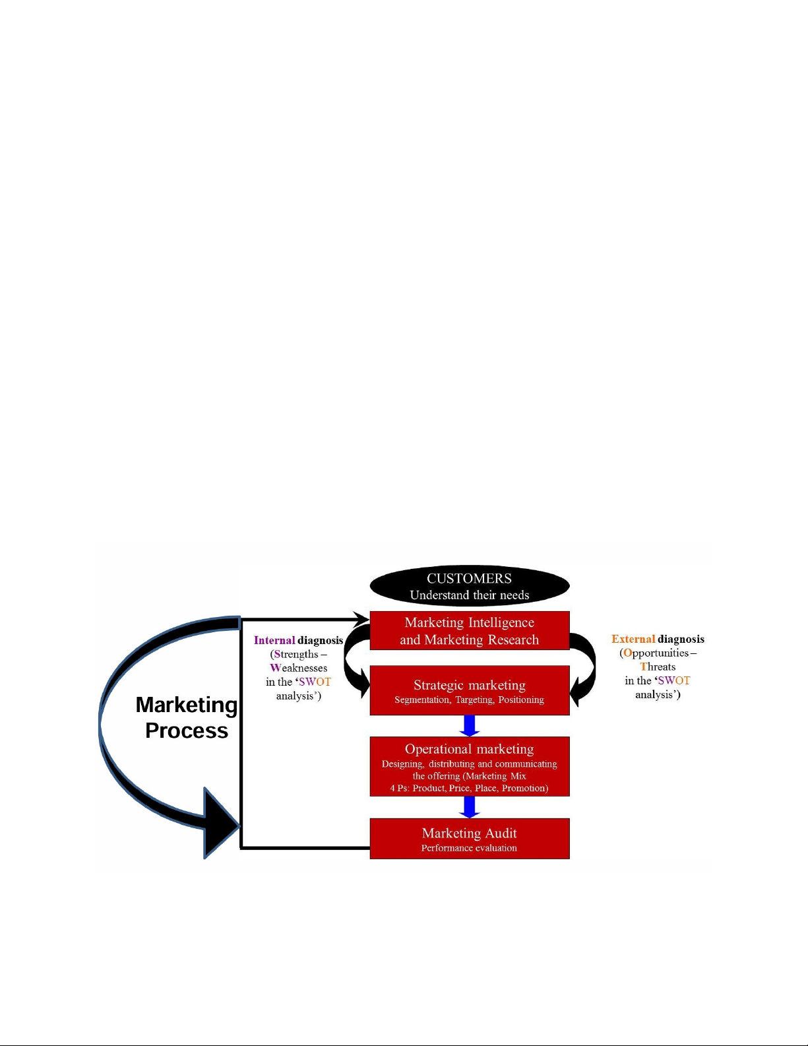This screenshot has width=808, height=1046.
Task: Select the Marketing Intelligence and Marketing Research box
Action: coord(469,630)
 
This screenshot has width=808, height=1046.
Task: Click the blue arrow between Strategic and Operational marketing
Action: coord(470,726)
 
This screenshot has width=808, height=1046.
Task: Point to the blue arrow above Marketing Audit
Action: coord(470,807)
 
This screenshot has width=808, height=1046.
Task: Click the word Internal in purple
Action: coord(274,640)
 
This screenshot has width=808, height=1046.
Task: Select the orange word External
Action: coord(633,639)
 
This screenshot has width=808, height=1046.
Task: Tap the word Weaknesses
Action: coord(298,668)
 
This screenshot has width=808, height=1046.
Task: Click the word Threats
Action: coord(658,667)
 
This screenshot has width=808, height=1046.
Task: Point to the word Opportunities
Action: coord(656,653)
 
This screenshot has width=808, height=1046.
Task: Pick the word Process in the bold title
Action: coord(187,731)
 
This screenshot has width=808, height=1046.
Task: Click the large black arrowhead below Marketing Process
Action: coord(219,824)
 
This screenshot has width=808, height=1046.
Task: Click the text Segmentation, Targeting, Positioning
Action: coord(469,700)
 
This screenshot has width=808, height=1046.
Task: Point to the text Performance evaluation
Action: coord(469,848)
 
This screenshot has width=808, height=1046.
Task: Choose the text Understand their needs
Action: coord(469,595)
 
